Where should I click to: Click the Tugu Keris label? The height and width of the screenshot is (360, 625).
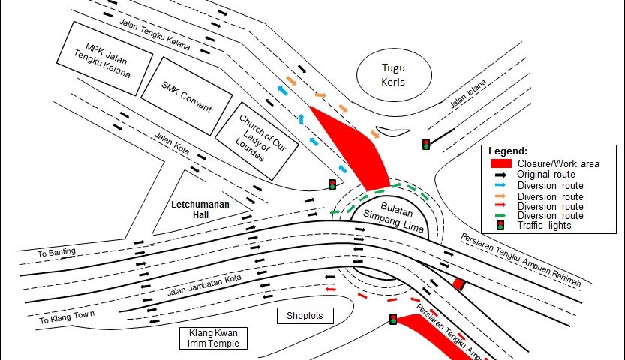pos(393,73)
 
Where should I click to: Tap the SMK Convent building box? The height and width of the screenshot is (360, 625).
pos(187,97)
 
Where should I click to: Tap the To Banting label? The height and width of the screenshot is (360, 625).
pos(57,253)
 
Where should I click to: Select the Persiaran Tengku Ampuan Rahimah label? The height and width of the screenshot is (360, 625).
pos(521,257)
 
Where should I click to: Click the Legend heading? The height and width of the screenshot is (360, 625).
pos(508,151)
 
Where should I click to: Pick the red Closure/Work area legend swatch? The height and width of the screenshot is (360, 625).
pos(500,163)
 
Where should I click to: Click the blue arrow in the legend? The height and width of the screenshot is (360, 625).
pos(500,184)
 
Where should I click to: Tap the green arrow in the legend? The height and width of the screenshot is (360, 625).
pos(500,216)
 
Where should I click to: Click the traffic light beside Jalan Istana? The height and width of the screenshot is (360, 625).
pos(426,144)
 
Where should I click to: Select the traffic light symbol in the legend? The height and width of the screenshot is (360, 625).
pos(500,225)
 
